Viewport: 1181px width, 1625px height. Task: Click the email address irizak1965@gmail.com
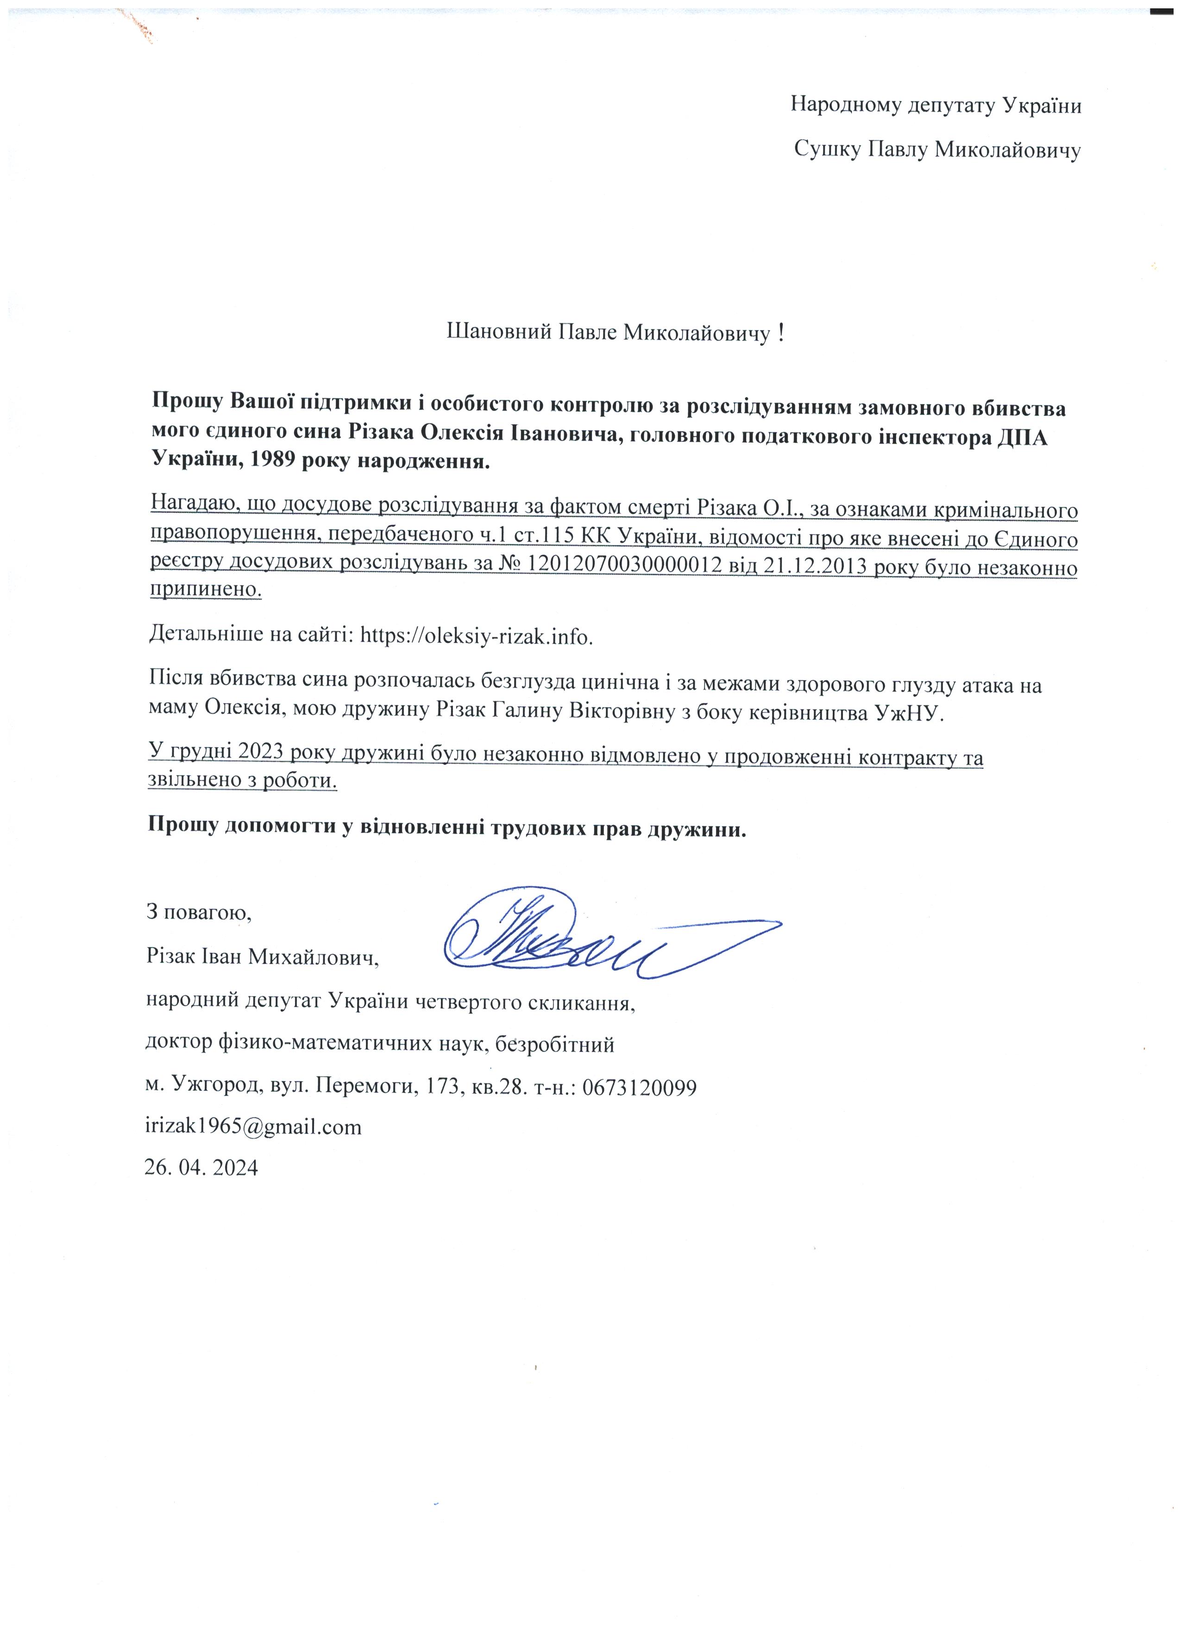point(253,1127)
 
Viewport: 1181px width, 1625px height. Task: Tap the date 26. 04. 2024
point(201,1167)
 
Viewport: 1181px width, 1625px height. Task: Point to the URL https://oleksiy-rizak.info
point(476,636)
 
